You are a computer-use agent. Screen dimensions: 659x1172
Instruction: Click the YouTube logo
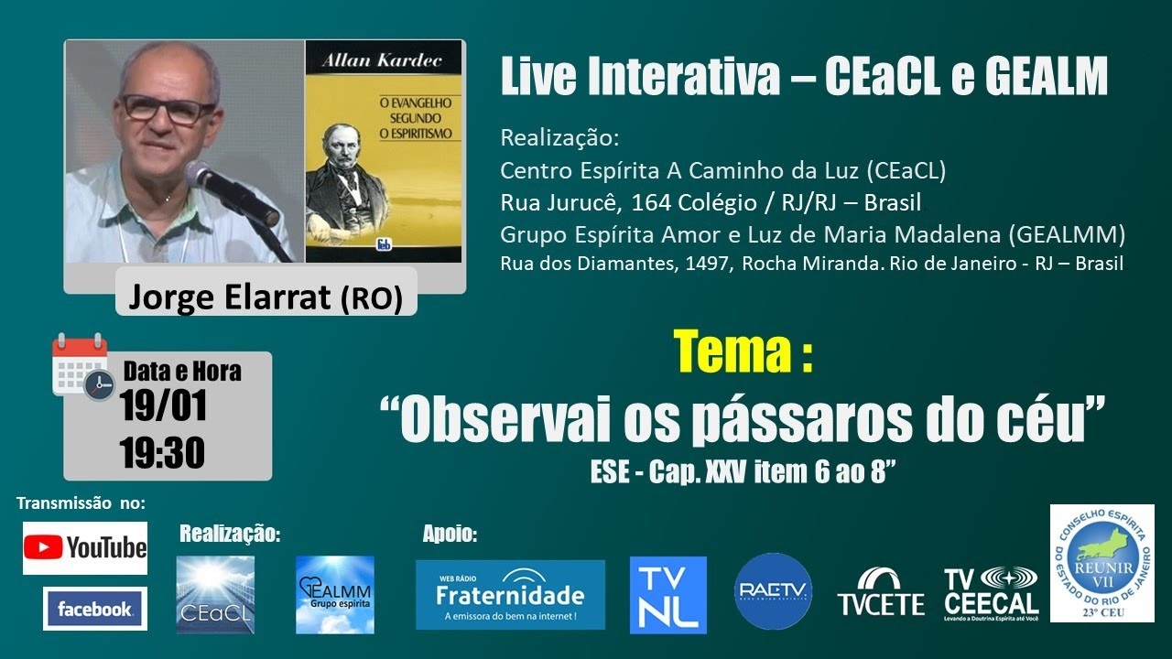[x=85, y=547]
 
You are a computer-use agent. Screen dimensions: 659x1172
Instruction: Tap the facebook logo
[x=94, y=609]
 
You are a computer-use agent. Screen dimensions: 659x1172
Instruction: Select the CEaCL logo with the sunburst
[x=215, y=595]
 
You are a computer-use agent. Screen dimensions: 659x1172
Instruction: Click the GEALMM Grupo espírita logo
[x=335, y=595]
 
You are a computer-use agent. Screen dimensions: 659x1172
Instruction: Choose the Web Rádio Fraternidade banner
[x=510, y=595]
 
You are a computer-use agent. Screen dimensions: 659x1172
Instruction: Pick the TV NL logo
[x=668, y=595]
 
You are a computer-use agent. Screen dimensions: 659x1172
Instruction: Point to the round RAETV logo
[x=774, y=590]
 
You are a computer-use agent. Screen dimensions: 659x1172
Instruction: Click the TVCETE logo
[x=881, y=592]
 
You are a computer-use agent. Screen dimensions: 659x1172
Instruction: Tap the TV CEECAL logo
[x=992, y=594]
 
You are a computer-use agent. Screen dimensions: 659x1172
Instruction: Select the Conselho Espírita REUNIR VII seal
[x=1101, y=563]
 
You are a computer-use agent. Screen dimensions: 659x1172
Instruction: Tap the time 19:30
[x=162, y=452]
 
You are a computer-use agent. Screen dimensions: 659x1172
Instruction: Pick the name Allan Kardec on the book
[x=383, y=61]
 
